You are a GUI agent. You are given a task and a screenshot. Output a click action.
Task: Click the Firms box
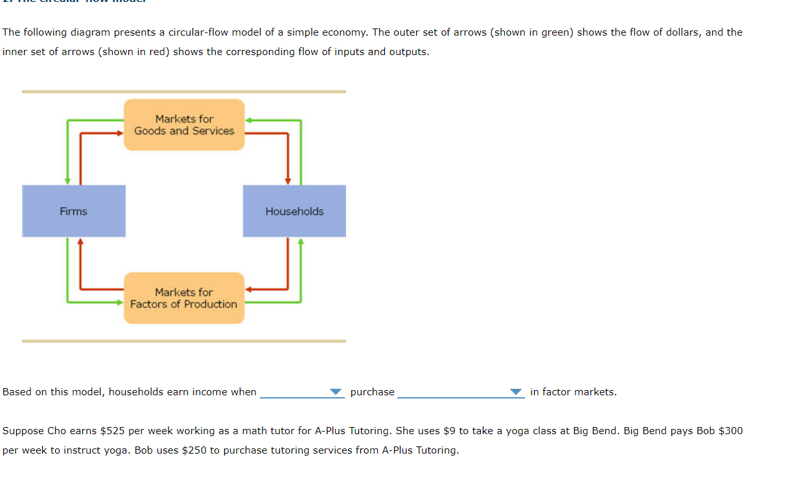(x=73, y=211)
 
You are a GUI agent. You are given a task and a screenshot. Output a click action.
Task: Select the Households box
(x=294, y=211)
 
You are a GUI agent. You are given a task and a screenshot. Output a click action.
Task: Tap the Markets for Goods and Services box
(x=184, y=125)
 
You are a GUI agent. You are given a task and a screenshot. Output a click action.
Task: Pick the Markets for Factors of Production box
(x=184, y=298)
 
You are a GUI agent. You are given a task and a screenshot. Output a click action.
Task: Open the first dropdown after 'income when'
(x=301, y=392)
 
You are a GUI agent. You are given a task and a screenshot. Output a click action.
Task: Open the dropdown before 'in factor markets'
(x=460, y=392)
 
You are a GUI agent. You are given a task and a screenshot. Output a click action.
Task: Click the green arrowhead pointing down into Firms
(x=67, y=181)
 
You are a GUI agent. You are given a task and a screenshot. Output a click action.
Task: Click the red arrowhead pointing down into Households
(x=288, y=181)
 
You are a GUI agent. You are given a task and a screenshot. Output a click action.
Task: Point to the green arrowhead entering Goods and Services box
(x=249, y=120)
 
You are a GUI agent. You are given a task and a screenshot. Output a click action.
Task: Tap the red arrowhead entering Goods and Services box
(x=119, y=133)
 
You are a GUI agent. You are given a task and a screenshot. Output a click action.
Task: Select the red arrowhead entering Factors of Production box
(x=249, y=289)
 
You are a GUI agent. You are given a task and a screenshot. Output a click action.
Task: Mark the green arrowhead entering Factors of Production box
(x=119, y=302)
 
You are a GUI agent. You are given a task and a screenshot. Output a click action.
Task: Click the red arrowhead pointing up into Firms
(x=80, y=242)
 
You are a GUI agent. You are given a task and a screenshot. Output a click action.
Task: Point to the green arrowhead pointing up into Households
(x=301, y=242)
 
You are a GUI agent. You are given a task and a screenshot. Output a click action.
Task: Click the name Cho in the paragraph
(x=56, y=431)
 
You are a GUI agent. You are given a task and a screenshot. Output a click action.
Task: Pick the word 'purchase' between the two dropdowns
(x=372, y=392)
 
